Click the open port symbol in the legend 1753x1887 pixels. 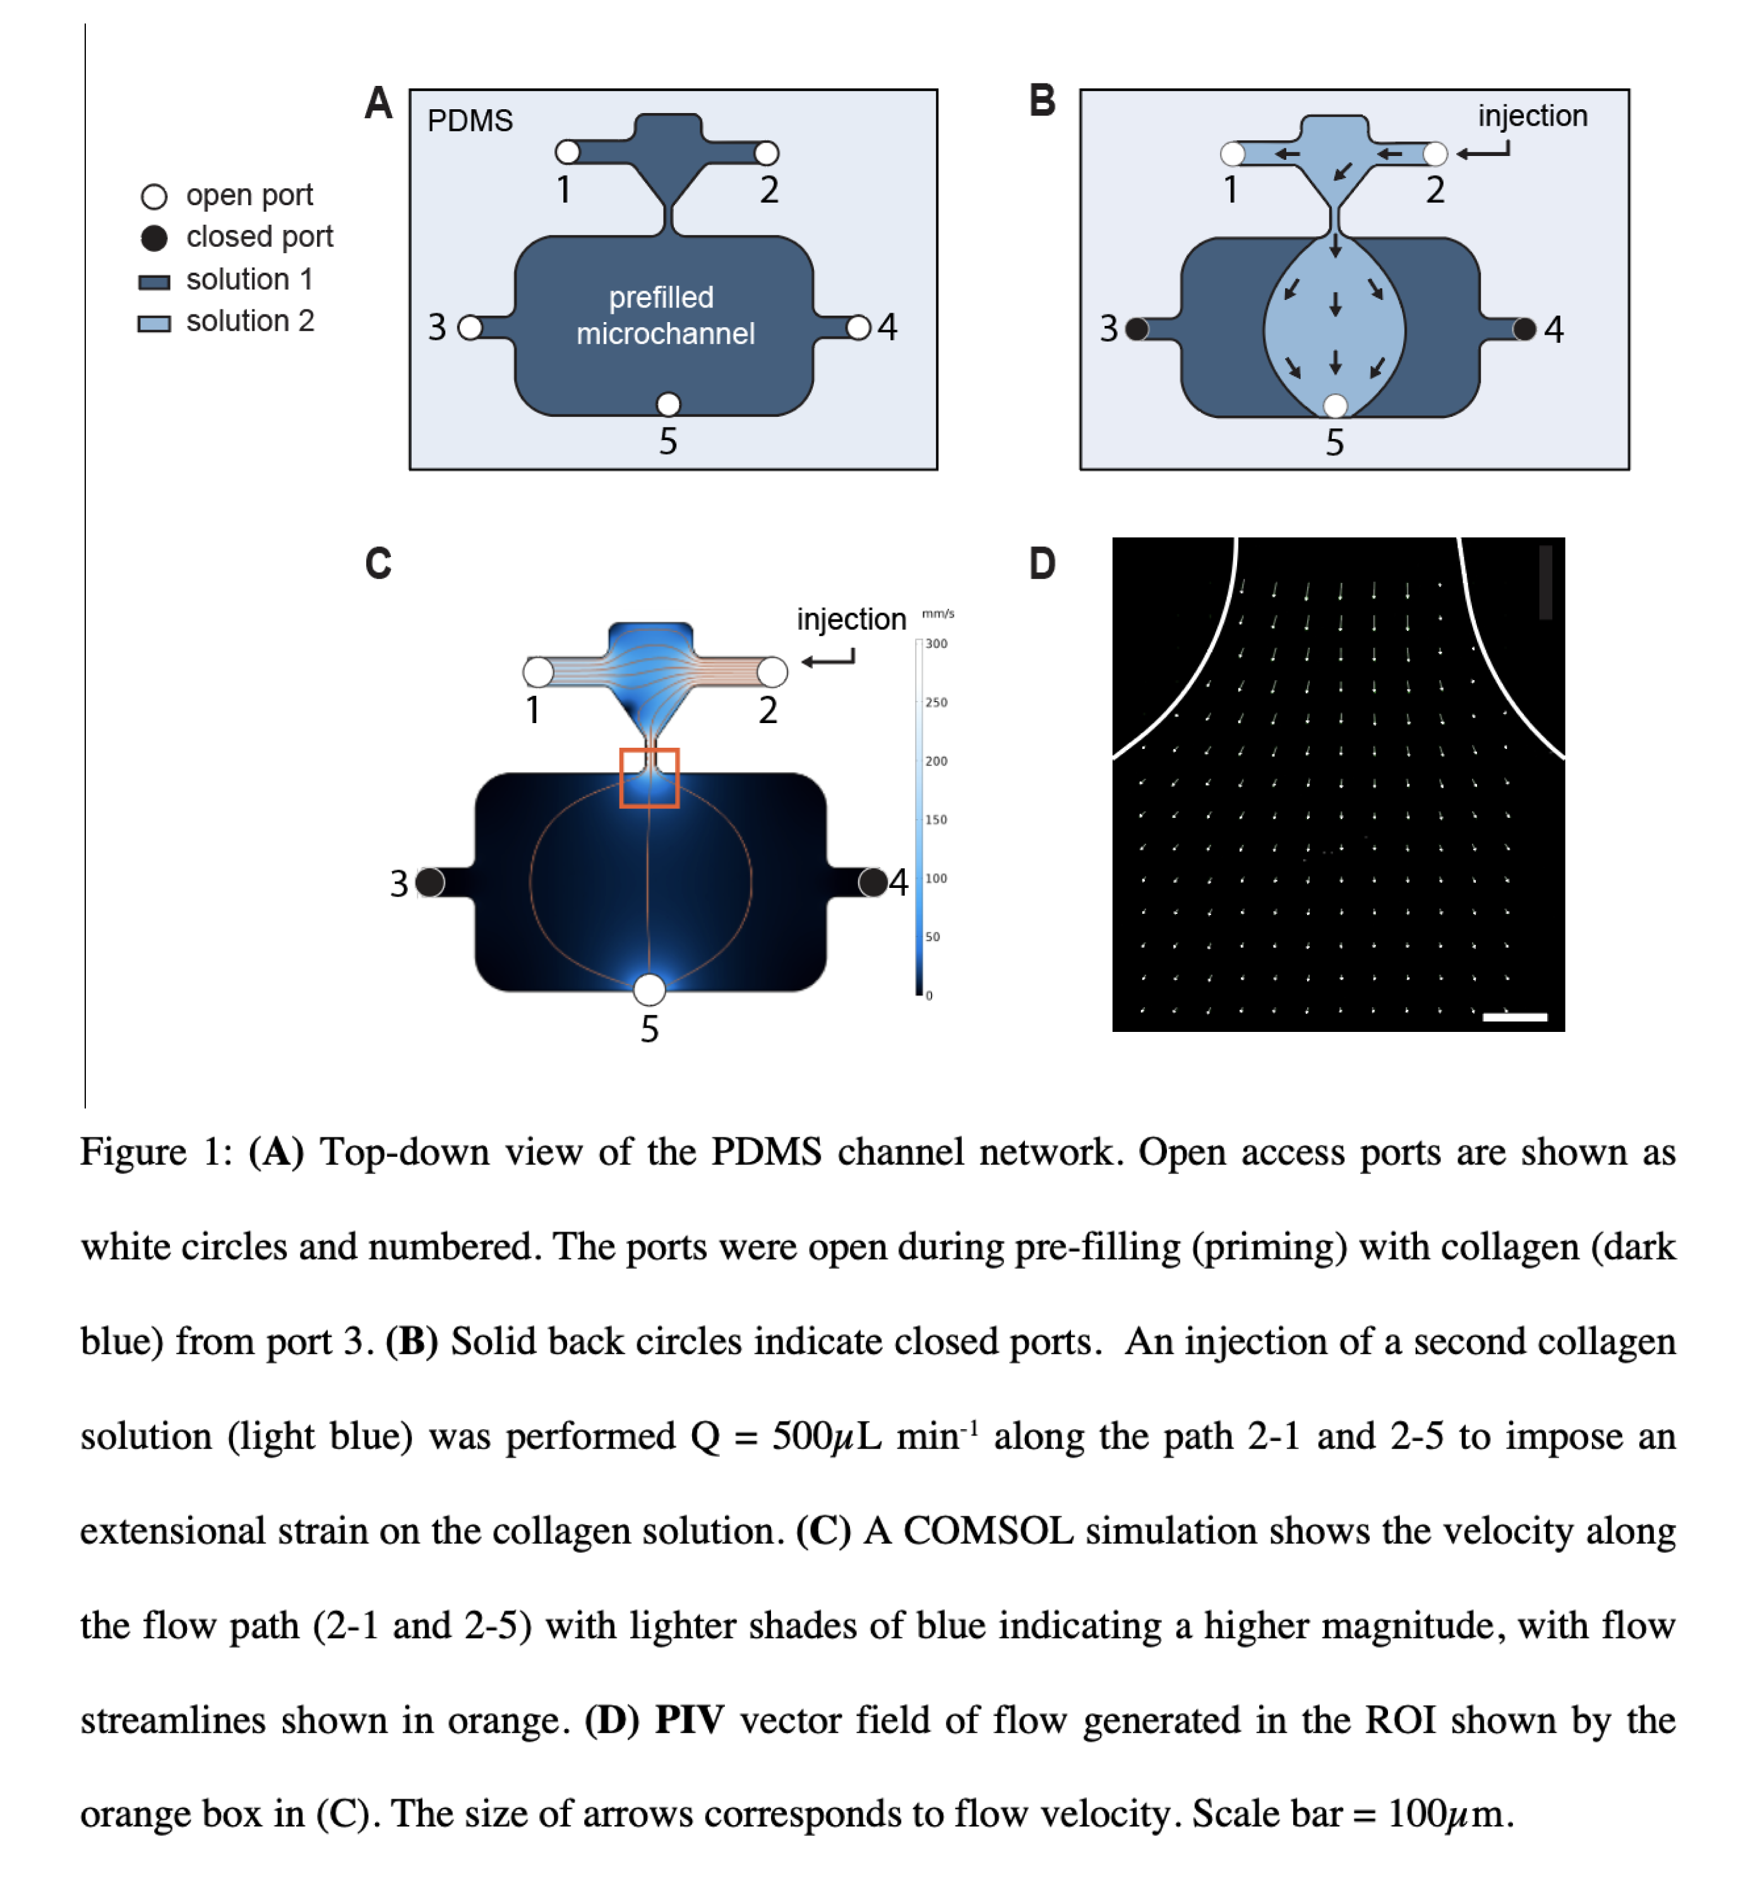point(153,196)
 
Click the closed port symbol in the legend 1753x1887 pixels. point(153,237)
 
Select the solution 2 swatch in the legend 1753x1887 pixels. point(153,323)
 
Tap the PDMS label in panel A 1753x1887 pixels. point(470,121)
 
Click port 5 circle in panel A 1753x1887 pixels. point(668,404)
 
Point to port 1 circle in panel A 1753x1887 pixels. point(567,152)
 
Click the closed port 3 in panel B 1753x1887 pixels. point(1137,329)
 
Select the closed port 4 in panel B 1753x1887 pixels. point(1524,329)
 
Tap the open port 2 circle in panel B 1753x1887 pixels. point(1435,153)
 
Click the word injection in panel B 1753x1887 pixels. point(1532,116)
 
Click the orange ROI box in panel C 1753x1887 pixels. point(650,750)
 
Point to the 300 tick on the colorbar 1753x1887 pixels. point(936,644)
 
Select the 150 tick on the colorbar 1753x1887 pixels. point(936,820)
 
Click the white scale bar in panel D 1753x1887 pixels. point(1515,1017)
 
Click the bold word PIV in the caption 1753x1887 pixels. point(690,1720)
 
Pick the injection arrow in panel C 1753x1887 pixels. point(828,659)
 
